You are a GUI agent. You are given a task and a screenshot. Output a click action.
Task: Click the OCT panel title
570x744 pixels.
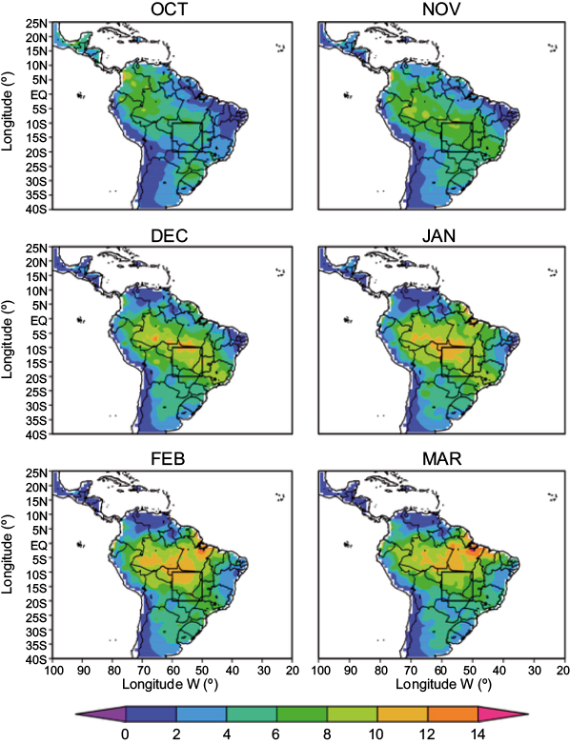click(171, 10)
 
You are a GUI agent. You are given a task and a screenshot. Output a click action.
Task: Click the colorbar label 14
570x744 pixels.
click(478, 734)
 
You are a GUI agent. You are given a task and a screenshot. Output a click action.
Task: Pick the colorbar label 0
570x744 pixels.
click(126, 734)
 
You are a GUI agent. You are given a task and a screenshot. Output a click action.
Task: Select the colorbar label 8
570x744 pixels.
click(327, 734)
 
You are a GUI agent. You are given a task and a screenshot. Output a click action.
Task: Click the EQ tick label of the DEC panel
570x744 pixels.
click(39, 319)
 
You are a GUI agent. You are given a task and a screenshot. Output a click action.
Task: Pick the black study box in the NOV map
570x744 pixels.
click(458, 137)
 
